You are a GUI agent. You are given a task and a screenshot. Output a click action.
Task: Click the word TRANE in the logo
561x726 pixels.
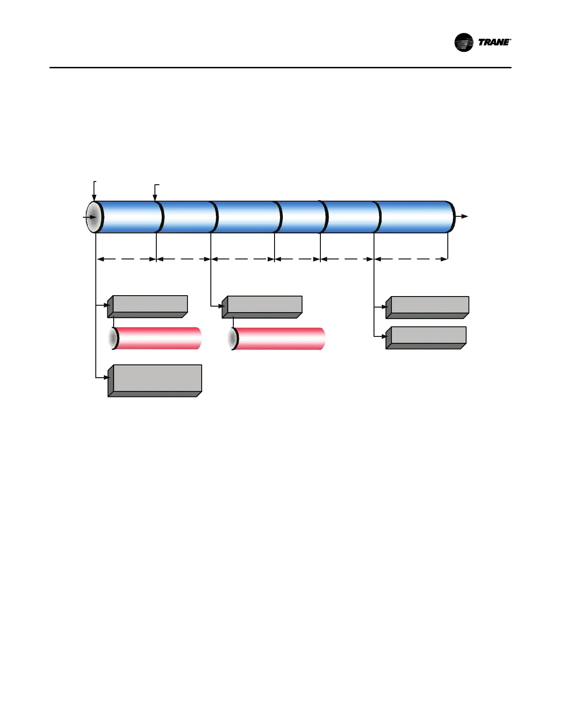(494, 42)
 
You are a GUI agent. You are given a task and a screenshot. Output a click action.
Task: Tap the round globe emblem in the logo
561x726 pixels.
(464, 43)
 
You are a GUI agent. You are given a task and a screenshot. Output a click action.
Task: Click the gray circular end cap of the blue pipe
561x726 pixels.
(93, 217)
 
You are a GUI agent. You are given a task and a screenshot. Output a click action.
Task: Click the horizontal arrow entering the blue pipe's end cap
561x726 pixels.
(88, 217)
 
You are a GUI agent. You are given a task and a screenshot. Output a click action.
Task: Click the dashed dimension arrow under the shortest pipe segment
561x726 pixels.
(297, 259)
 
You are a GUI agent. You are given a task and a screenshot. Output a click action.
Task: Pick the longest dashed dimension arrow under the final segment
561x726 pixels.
(411, 259)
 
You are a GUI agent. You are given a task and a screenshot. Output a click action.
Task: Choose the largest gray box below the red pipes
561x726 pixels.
(155, 380)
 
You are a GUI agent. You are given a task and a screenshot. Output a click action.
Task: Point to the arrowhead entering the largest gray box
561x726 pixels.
(109, 378)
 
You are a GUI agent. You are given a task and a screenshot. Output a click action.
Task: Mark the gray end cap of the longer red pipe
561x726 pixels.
(233, 339)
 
